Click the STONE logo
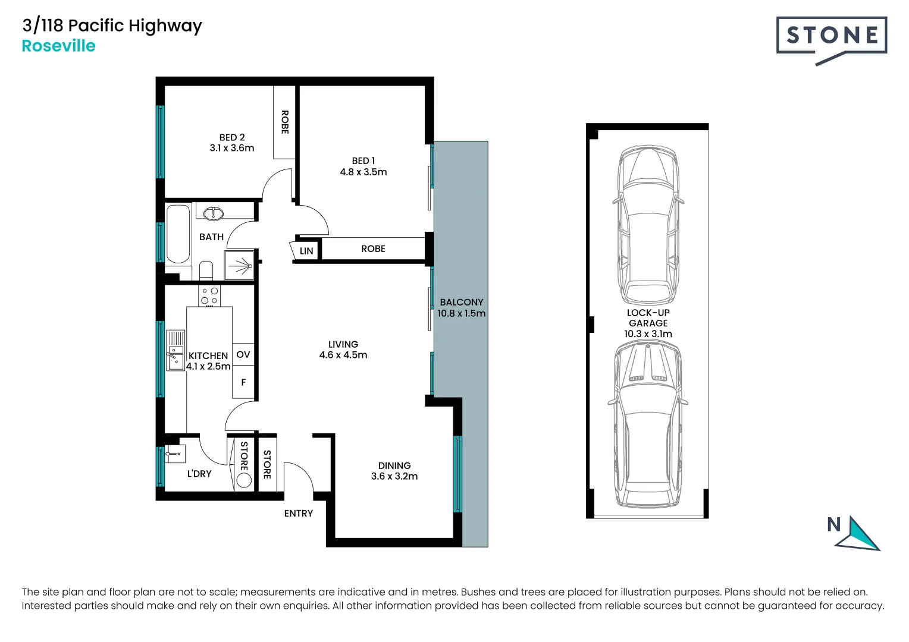(831, 36)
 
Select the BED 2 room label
(232, 137)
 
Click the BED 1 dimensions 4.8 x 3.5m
(363, 172)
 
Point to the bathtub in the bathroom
(178, 234)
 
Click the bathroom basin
(213, 213)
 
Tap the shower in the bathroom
(239, 265)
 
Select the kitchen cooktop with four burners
(209, 296)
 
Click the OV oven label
(243, 354)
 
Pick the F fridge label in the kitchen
(243, 382)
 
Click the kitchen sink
(175, 351)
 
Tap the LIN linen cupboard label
(306, 251)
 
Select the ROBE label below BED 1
(373, 248)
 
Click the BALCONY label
(461, 302)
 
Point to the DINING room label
(394, 465)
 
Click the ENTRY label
(298, 513)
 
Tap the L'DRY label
(199, 473)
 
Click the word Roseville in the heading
(58, 46)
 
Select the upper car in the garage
(647, 226)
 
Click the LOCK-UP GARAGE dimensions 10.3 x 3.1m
(648, 333)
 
